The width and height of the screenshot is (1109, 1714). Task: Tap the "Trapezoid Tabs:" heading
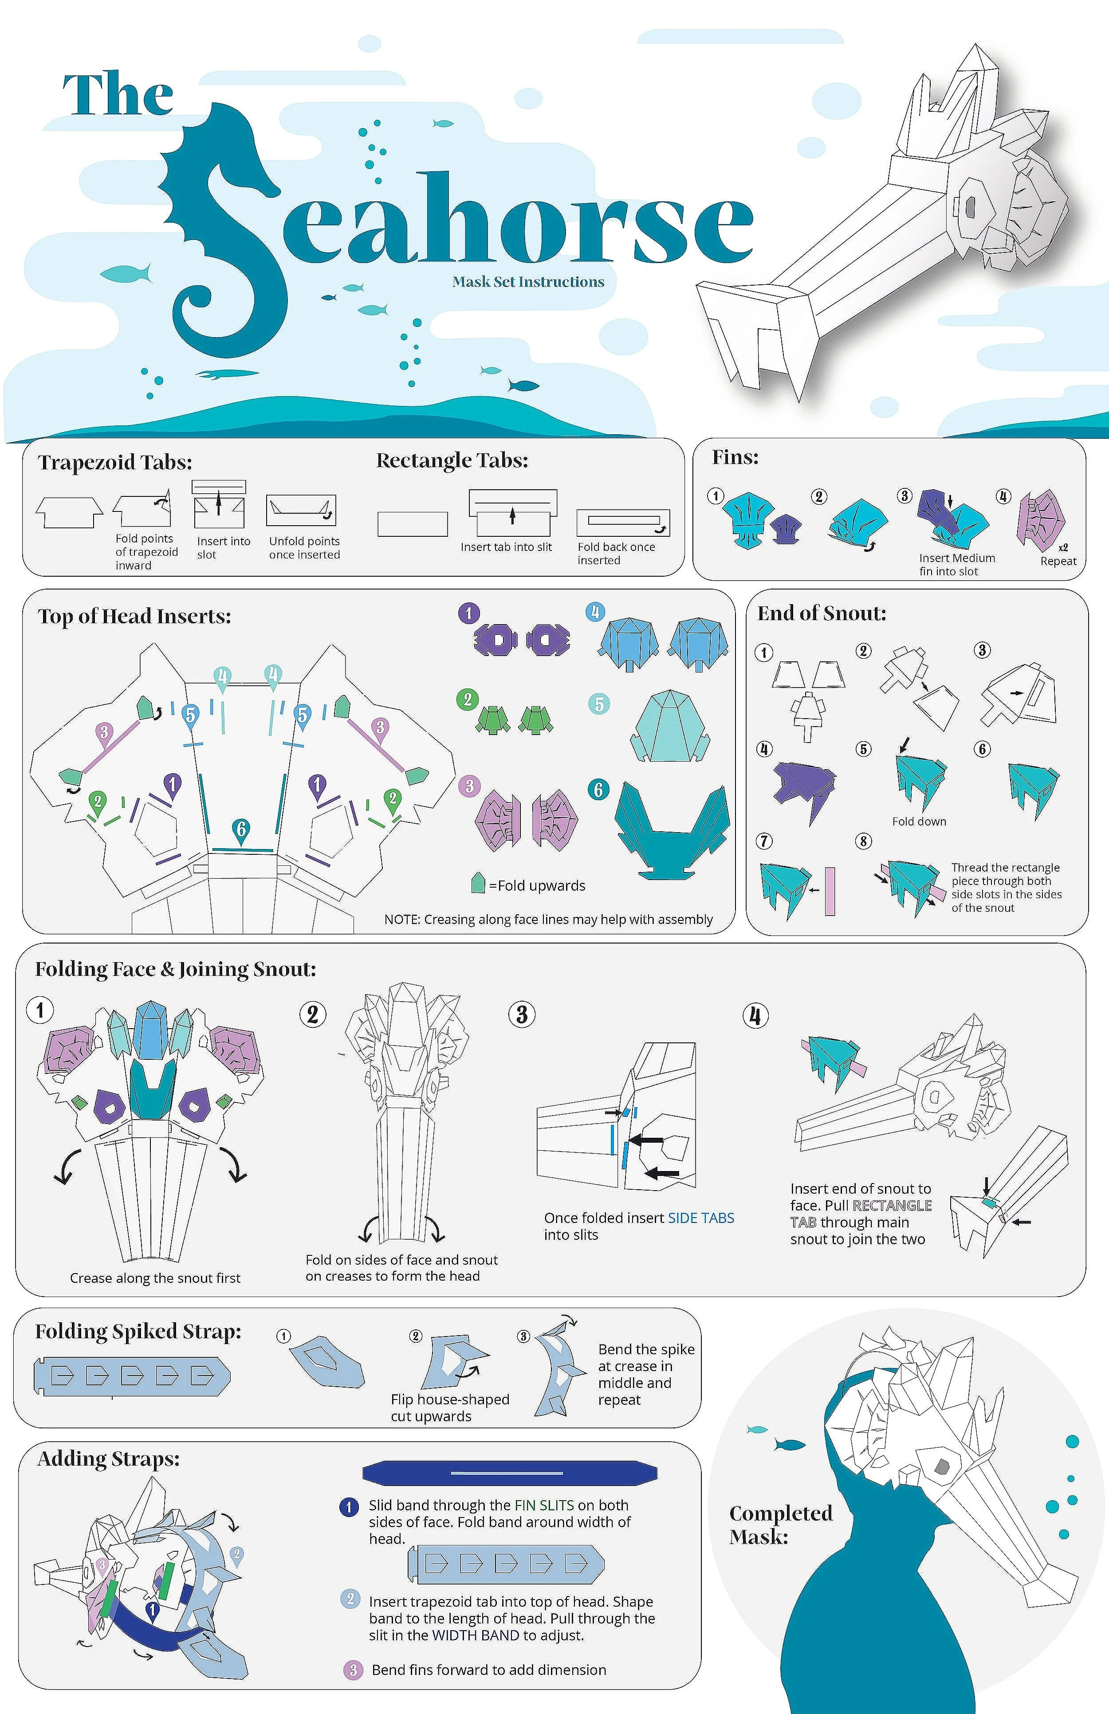pos(115,462)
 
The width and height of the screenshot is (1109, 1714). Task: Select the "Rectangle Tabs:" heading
pos(452,460)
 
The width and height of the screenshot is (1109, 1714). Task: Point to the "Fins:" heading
pos(735,457)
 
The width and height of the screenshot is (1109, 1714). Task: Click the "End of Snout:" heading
pos(822,613)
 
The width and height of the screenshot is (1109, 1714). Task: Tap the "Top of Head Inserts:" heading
pos(135,617)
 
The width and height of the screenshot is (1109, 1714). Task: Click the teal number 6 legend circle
pos(598,789)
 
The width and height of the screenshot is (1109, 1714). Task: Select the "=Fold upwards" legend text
pos(536,886)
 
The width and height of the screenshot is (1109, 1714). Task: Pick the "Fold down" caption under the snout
pos(919,822)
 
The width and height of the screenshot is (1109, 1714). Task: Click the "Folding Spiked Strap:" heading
pos(138,1332)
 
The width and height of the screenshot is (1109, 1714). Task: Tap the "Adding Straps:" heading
pos(109,1459)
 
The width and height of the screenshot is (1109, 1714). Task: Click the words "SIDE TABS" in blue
pos(701,1218)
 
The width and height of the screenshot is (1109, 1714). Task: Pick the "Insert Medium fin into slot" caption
pos(956,565)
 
